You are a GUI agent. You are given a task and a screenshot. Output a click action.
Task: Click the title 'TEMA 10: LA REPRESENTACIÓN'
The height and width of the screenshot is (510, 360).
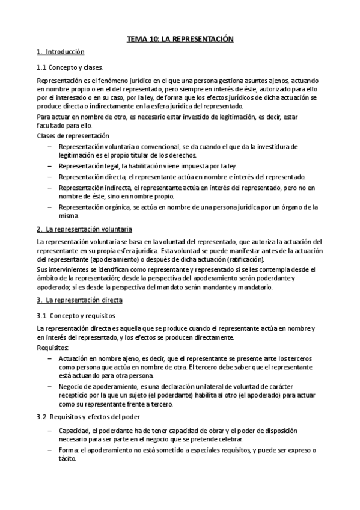[x=180, y=39]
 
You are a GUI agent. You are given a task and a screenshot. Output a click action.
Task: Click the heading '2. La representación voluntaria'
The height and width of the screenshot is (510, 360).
[x=85, y=230]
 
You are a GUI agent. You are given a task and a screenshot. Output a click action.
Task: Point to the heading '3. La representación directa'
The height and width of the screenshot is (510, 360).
[x=80, y=300]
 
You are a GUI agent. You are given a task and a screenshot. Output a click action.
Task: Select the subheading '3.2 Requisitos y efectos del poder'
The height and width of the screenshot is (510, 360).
[x=89, y=417]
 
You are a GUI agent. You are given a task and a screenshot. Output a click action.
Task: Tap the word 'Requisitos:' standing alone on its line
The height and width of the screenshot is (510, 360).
[x=52, y=348]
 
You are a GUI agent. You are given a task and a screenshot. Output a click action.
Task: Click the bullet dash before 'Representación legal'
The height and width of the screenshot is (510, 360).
[x=49, y=165]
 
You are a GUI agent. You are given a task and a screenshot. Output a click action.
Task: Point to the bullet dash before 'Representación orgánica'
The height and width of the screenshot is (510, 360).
[x=49, y=207]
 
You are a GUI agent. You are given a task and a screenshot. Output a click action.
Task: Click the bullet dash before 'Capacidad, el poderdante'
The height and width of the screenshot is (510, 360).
[x=49, y=431]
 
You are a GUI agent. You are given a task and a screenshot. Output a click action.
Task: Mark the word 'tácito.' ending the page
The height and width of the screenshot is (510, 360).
[x=67, y=459]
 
